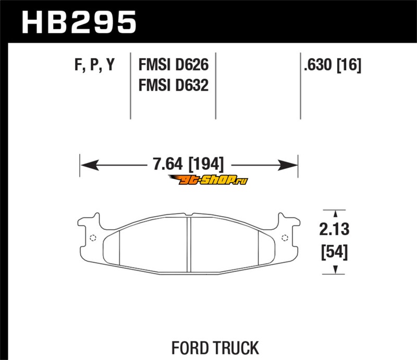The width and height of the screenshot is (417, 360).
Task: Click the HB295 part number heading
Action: [x=79, y=22]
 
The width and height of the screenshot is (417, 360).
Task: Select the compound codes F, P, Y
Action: [x=94, y=65]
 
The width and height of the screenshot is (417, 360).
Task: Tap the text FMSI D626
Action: [x=174, y=65]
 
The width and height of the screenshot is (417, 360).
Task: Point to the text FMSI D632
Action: [x=174, y=85]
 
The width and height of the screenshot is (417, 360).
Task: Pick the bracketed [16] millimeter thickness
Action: [x=349, y=65]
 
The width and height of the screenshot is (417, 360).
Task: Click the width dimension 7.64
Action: [x=168, y=164]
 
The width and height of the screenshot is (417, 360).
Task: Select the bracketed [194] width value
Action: [x=206, y=164]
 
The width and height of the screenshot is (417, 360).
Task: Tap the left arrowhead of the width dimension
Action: [x=90, y=165]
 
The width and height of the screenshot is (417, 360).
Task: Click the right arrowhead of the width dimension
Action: [x=288, y=165]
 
